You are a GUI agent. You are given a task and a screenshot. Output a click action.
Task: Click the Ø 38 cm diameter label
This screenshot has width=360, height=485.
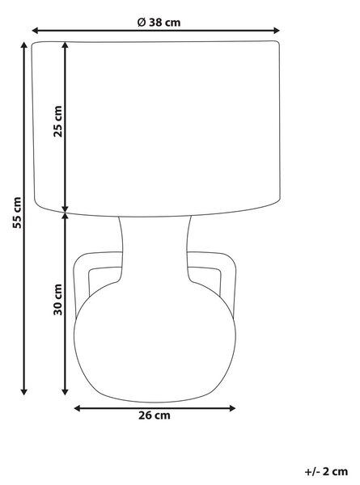(x=159, y=23)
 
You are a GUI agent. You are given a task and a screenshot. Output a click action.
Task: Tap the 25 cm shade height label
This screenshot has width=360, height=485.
(x=58, y=121)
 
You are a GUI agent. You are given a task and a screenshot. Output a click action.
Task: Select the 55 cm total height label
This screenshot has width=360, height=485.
(x=17, y=213)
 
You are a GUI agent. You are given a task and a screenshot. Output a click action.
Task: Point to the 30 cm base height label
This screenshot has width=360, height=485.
(x=58, y=299)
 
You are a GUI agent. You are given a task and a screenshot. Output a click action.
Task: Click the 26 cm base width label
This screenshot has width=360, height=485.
(x=155, y=415)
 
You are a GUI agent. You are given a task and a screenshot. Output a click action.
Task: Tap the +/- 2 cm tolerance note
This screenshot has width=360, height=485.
(x=326, y=472)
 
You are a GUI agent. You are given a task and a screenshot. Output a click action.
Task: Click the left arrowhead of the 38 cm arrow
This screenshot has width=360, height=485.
(x=35, y=31)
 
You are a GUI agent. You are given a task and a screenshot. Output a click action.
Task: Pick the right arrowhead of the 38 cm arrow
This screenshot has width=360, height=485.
(x=277, y=31)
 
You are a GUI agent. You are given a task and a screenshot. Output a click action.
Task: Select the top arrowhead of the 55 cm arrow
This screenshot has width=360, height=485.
(x=23, y=45)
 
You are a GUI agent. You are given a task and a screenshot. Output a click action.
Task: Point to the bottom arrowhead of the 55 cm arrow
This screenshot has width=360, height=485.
(x=23, y=391)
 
